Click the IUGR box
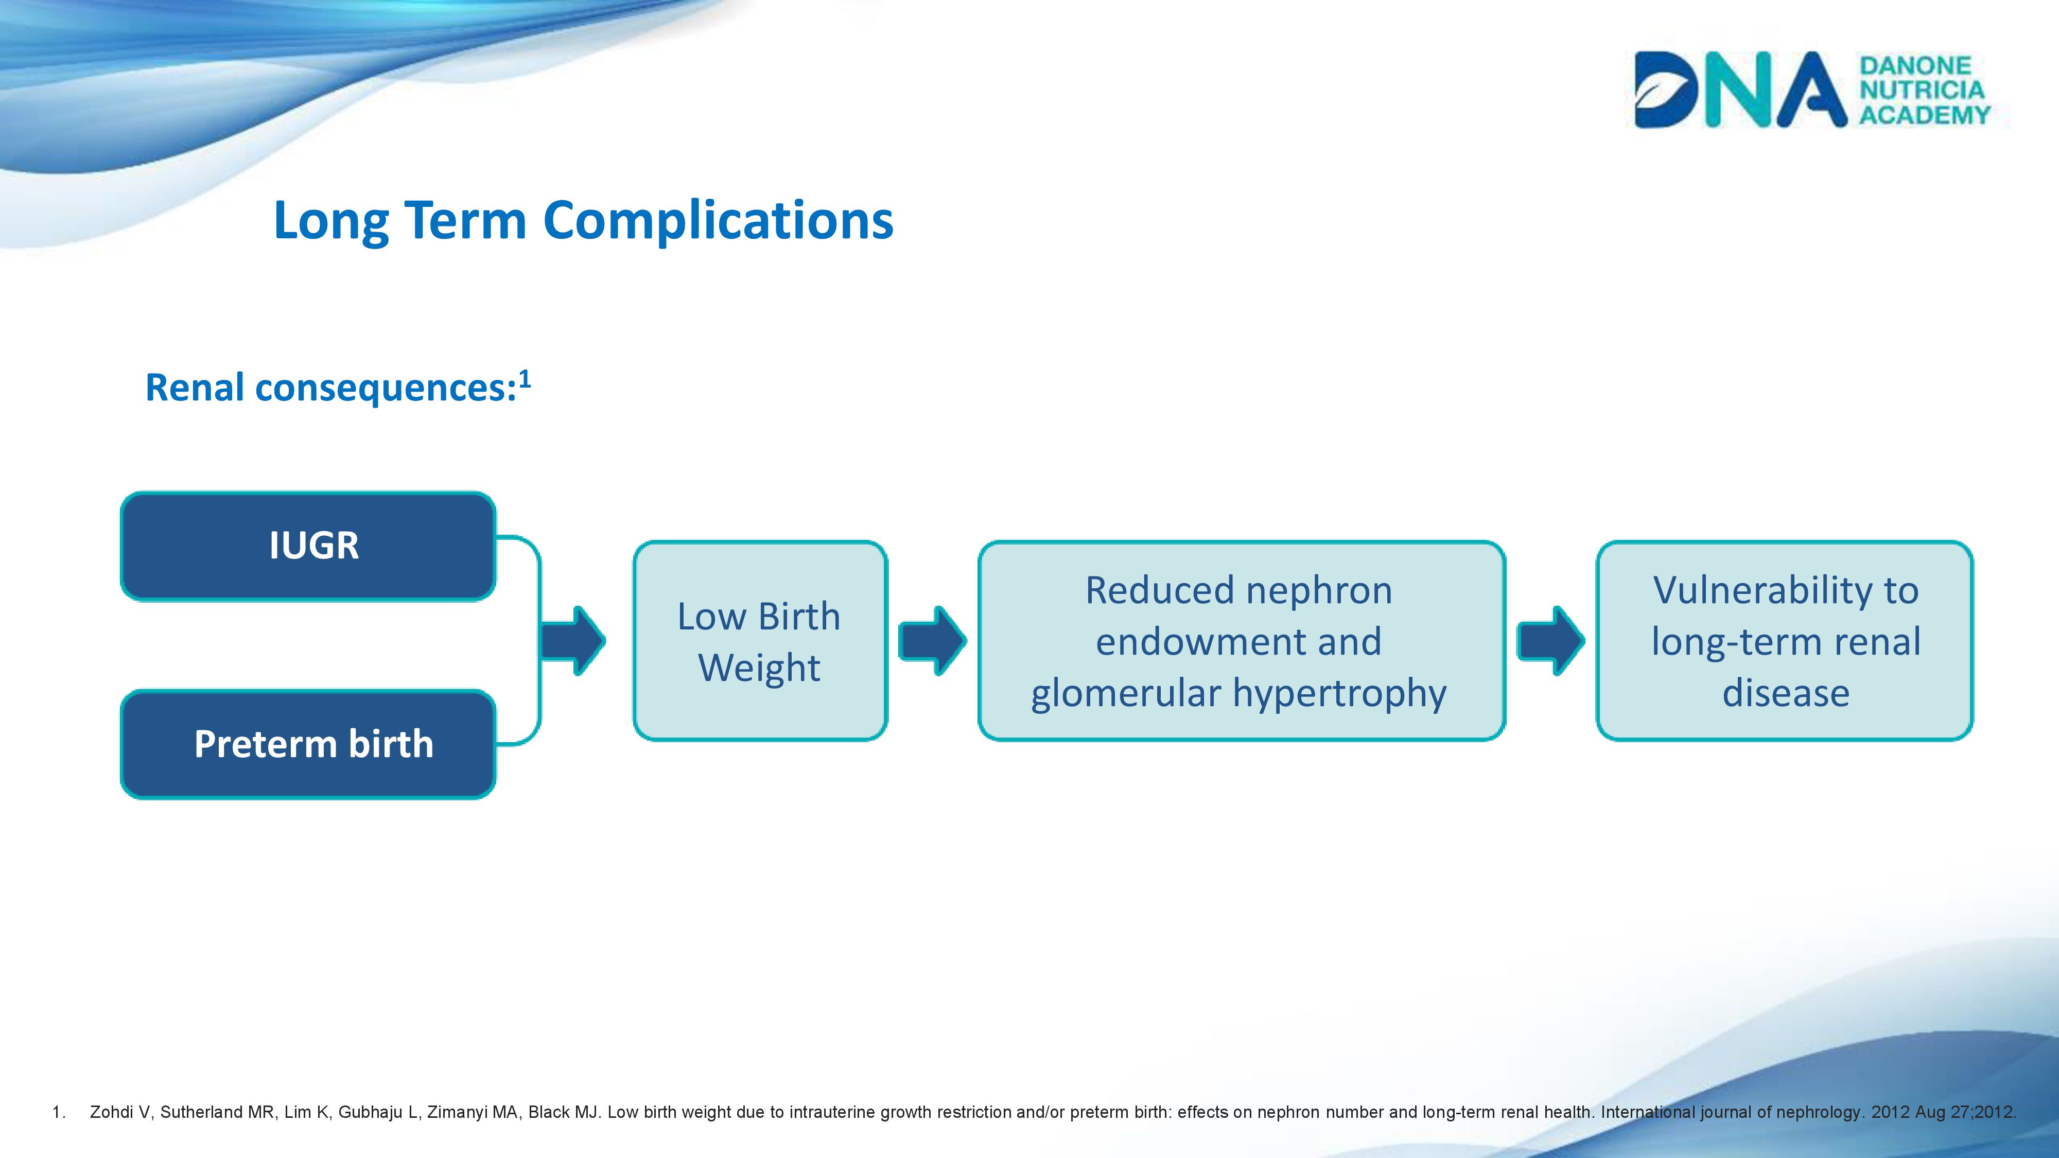click(308, 546)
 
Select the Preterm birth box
click(308, 744)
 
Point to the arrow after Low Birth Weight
click(933, 641)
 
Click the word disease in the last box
click(1786, 693)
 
